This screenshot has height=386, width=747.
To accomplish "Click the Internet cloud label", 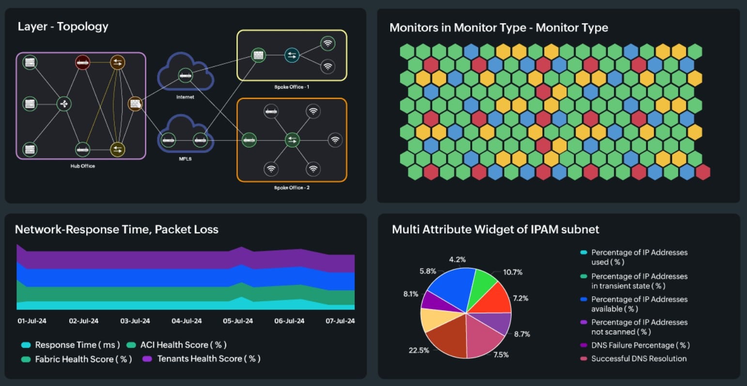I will click(x=185, y=97).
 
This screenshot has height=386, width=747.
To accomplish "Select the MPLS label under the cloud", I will click(x=185, y=159).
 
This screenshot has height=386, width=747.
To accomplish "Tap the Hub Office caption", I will click(x=82, y=166).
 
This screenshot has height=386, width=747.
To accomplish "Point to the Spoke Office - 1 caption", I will click(x=292, y=87).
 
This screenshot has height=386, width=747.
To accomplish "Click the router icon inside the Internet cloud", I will click(x=185, y=75).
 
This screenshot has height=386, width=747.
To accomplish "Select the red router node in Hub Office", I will click(x=82, y=62).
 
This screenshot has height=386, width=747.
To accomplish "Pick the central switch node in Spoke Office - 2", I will click(x=292, y=140).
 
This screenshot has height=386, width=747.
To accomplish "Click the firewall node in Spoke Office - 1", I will click(x=258, y=55).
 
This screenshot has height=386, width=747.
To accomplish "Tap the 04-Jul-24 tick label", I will click(x=187, y=321).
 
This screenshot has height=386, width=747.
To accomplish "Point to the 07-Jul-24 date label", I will click(x=340, y=321).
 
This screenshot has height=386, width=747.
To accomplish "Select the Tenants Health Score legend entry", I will click(x=209, y=359).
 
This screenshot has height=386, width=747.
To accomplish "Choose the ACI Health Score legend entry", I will click(x=183, y=345).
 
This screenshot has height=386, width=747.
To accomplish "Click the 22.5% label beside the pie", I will click(x=419, y=350).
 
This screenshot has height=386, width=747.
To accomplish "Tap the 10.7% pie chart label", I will click(x=513, y=272).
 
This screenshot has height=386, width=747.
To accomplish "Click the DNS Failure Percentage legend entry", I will click(x=640, y=345).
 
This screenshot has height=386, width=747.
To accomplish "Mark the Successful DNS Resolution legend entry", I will click(x=638, y=359).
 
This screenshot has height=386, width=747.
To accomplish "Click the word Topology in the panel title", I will click(x=83, y=27).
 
